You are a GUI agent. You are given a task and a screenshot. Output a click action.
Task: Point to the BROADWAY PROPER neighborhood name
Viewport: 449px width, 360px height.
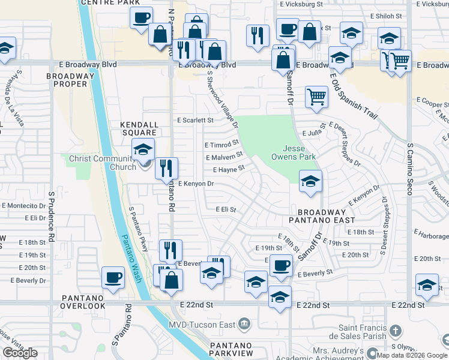(70, 80)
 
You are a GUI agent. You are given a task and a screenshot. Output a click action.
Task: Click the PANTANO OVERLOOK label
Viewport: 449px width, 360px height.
(82, 302)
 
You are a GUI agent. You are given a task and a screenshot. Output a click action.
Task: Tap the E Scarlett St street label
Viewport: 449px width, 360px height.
(195, 120)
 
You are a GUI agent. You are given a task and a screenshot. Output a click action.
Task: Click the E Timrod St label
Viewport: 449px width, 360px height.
(221, 145)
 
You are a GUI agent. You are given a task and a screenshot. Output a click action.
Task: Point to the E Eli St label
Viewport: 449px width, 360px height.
(226, 209)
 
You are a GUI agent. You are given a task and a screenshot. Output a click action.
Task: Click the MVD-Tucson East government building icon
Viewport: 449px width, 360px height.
(244, 325)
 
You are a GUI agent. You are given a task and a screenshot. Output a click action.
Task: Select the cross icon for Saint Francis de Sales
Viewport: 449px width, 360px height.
(395, 331)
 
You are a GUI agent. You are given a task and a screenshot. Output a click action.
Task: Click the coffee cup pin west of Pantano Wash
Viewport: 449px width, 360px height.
(113, 278)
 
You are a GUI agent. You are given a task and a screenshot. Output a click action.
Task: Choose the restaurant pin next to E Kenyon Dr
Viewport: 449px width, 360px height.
(166, 168)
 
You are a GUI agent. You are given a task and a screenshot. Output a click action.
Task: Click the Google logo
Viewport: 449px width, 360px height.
(20, 353)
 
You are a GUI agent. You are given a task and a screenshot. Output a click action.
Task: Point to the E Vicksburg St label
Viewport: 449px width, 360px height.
(302, 4)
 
